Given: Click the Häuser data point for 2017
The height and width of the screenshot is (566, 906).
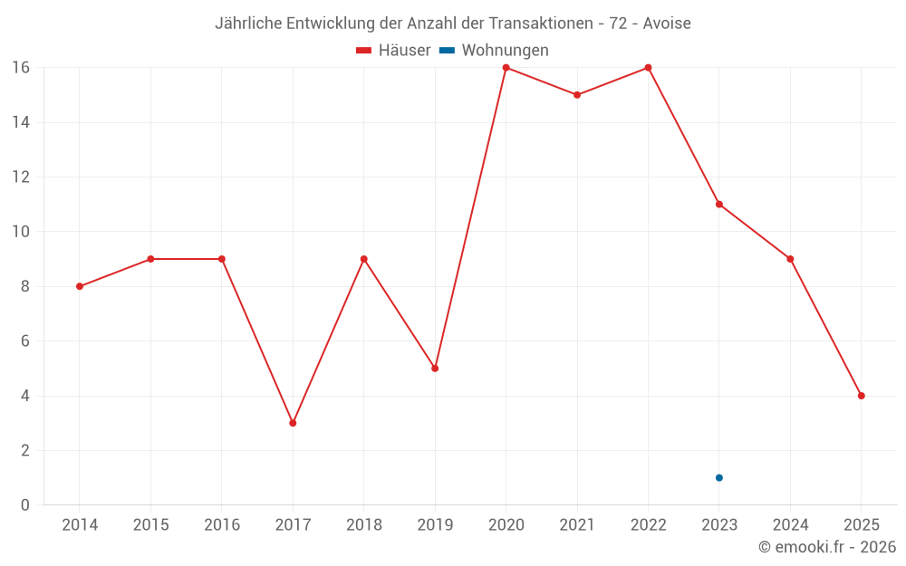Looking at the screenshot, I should (293, 423).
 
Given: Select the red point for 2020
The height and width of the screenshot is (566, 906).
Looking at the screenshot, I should (506, 67).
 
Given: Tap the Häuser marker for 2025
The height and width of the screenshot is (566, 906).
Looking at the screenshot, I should (861, 396).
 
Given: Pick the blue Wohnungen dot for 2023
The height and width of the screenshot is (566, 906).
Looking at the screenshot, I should (718, 477).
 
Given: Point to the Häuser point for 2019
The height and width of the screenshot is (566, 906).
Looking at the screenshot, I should (435, 369).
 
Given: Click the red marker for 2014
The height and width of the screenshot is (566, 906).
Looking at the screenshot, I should (80, 286).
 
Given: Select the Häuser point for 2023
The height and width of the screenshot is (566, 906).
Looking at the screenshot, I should (718, 204).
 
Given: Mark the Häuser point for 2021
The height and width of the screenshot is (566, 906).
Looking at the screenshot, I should (577, 95).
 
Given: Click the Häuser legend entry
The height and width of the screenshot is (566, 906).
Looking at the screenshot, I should (393, 51).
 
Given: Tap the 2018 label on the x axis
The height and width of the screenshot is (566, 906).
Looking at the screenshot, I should (363, 525).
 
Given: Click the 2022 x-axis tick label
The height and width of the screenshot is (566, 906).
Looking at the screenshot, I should (648, 525).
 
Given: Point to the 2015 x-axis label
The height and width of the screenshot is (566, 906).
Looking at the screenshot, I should (150, 525).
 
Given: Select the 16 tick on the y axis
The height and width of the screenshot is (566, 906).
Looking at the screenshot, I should (21, 67).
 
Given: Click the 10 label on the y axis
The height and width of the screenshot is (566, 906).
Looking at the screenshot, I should (21, 232).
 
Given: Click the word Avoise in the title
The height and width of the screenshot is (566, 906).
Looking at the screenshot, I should (667, 24).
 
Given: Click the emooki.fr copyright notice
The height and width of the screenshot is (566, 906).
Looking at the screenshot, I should (827, 547).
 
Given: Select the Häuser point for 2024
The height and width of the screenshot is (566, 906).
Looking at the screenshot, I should (790, 259).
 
